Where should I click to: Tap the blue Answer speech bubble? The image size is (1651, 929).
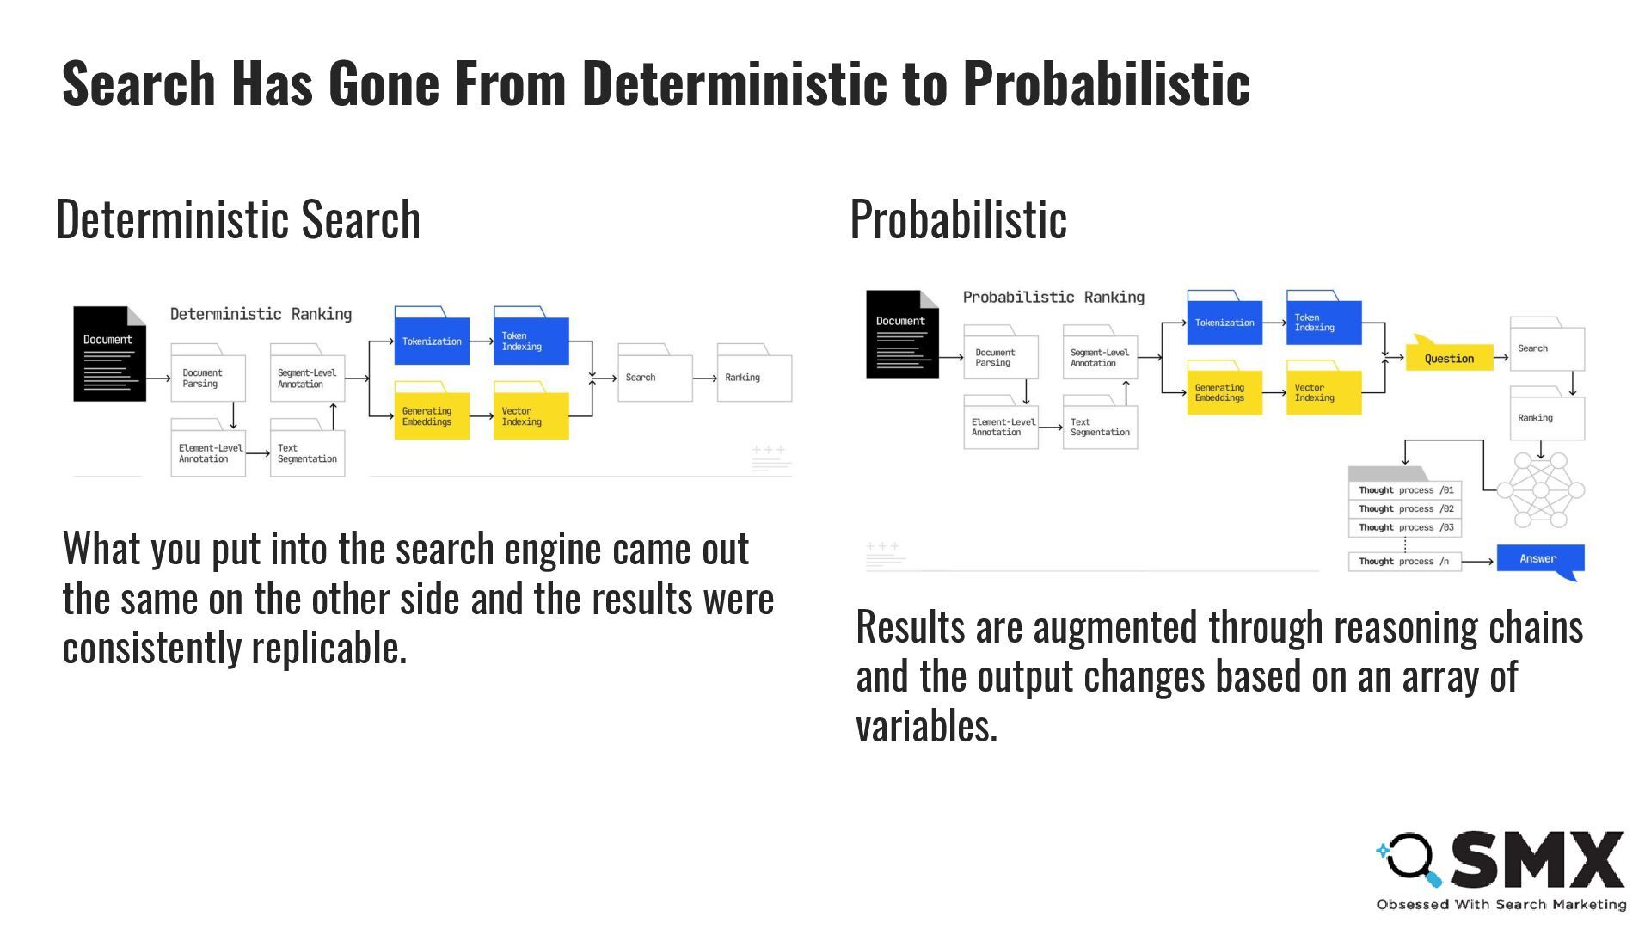(1540, 559)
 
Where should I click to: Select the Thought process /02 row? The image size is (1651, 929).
(1405, 508)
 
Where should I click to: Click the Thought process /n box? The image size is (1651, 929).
(1404, 561)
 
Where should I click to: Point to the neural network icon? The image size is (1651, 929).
(1540, 490)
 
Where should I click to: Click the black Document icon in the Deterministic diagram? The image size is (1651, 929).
(109, 354)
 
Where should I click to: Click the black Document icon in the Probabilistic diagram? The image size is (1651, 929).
(901, 335)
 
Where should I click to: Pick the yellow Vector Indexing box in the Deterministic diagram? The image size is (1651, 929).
(531, 415)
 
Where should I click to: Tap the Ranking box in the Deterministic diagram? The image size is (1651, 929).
(754, 378)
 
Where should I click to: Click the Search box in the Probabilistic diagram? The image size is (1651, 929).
(1546, 348)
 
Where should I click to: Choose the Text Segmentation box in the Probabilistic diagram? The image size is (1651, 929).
(1100, 427)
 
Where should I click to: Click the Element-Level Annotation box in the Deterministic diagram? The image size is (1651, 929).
(207, 452)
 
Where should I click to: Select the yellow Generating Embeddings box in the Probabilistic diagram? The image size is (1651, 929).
(1224, 392)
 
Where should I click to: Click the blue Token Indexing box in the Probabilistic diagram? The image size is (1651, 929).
(1323, 322)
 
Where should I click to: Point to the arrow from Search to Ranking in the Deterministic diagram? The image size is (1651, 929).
(704, 378)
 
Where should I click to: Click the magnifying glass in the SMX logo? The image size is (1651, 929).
(1409, 858)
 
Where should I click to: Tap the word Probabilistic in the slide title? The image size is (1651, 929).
(1106, 83)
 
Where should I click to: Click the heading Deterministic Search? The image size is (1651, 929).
(238, 219)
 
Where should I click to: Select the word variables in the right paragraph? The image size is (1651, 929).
(926, 726)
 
